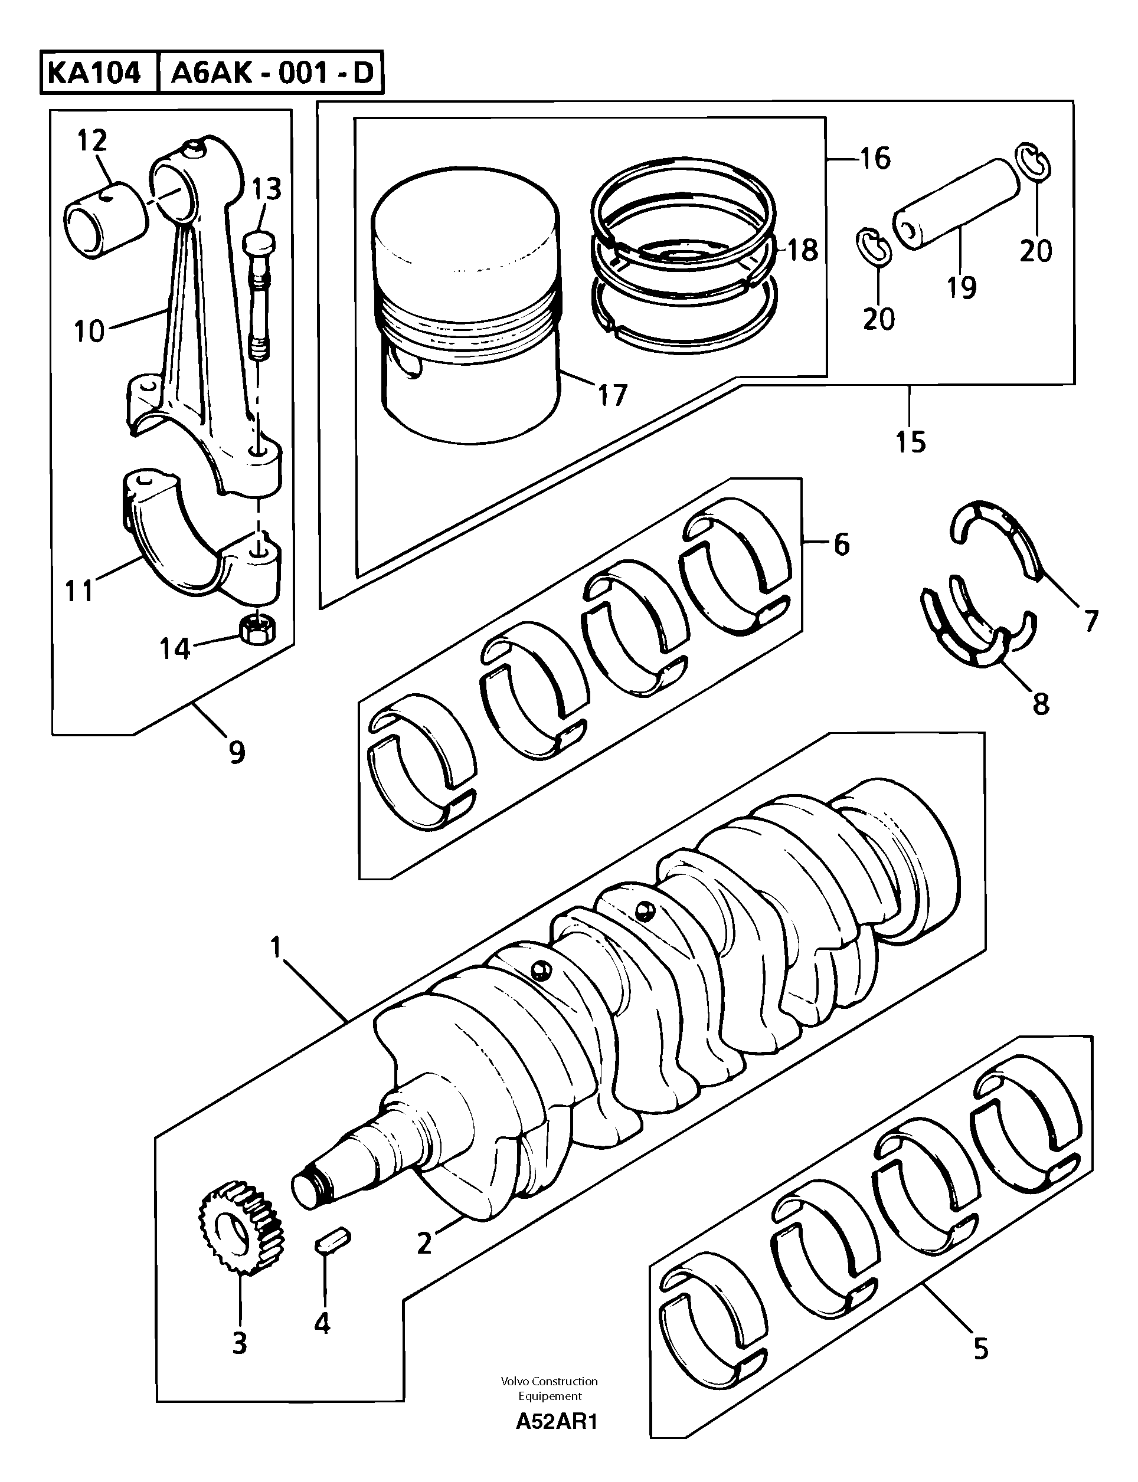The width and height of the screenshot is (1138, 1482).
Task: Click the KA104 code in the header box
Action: [x=93, y=73]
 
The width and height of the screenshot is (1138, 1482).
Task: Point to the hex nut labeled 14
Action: [x=258, y=629]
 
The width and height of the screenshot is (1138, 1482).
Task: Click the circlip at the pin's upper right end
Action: [x=1034, y=162]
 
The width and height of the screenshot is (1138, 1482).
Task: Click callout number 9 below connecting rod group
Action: [x=237, y=752]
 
